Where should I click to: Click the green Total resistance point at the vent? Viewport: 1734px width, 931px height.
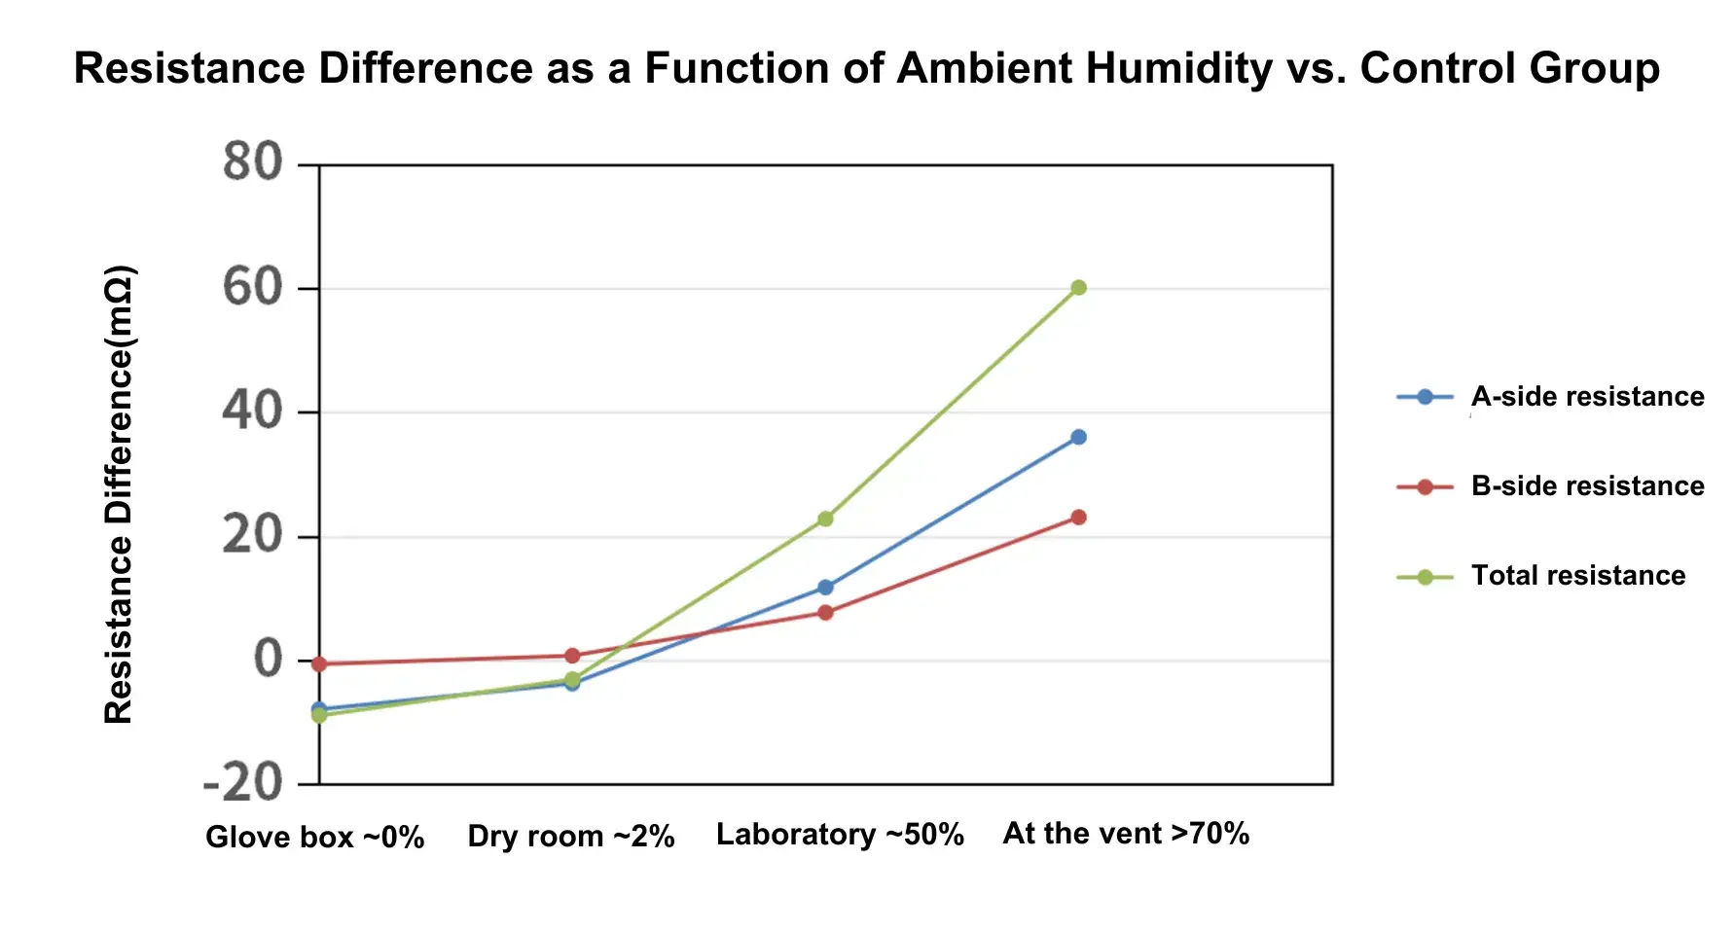(x=1078, y=288)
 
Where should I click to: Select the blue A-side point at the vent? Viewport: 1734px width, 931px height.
(x=1078, y=438)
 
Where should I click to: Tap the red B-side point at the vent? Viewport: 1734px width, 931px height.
(x=1078, y=518)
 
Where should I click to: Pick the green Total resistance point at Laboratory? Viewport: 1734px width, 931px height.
(x=825, y=519)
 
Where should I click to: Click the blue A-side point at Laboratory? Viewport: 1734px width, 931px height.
(x=825, y=588)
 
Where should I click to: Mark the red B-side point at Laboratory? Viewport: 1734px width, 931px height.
(x=825, y=613)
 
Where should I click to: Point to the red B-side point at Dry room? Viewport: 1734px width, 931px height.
(x=572, y=656)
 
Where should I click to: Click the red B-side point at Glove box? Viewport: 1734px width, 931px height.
(x=319, y=664)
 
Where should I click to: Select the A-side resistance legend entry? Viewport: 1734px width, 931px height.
(x=1586, y=397)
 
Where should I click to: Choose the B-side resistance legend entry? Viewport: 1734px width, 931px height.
(x=1586, y=486)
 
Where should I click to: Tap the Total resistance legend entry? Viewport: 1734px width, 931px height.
(x=1576, y=576)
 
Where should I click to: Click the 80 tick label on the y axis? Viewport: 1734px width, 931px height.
(x=252, y=162)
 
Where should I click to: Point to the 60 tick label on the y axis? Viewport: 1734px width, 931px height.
(x=252, y=288)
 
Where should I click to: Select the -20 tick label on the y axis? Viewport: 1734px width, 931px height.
(x=242, y=783)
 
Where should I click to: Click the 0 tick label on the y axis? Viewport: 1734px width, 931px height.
(x=268, y=660)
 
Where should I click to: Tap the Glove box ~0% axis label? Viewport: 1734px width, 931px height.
(x=314, y=838)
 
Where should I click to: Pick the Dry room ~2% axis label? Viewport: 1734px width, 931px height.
(x=570, y=837)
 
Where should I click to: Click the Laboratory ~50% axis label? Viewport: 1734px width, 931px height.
(x=840, y=835)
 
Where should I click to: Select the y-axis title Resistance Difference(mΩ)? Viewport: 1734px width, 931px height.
(x=119, y=494)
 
